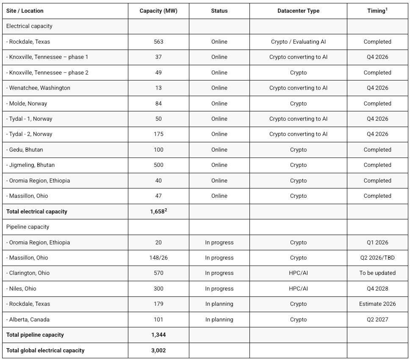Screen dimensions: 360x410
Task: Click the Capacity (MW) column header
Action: click(x=158, y=11)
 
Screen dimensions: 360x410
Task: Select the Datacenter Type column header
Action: click(x=298, y=11)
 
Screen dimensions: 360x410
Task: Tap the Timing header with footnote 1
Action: click(x=377, y=11)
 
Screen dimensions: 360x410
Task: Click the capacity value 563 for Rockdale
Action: click(x=158, y=42)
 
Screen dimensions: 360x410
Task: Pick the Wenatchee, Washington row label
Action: click(x=38, y=88)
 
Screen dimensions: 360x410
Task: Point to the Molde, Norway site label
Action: click(x=27, y=103)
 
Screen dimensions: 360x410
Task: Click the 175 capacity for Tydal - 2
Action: click(x=158, y=134)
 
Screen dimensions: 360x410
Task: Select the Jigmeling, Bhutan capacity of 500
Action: click(x=158, y=165)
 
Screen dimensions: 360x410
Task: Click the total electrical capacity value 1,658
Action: click(x=158, y=211)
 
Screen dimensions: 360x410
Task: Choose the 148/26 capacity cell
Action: click(x=158, y=258)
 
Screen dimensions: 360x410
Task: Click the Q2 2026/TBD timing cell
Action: click(x=377, y=258)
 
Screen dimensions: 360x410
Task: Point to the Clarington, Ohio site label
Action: click(x=28, y=273)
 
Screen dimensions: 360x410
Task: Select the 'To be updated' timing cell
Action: click(x=377, y=273)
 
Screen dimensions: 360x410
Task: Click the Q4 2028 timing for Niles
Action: click(x=377, y=288)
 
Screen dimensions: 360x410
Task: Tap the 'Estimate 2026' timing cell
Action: click(x=377, y=304)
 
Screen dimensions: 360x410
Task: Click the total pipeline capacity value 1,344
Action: click(x=158, y=335)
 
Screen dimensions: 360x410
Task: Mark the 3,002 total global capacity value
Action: click(x=158, y=350)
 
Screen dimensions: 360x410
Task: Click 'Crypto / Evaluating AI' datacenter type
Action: click(x=298, y=42)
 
